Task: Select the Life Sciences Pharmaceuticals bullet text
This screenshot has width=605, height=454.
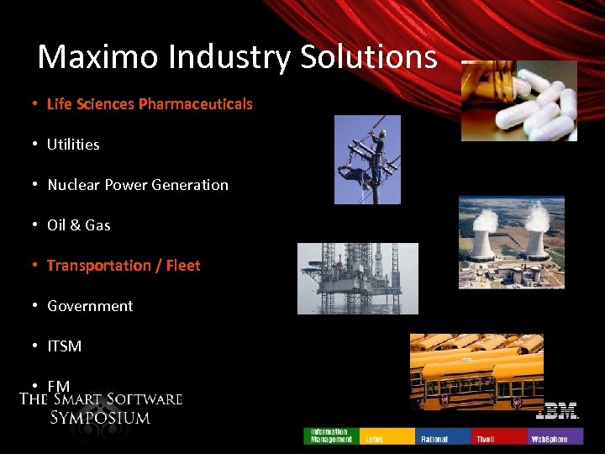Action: pos(150,104)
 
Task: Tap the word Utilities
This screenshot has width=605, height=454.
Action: pos(73,145)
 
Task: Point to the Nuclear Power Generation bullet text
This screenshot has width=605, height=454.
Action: pos(138,185)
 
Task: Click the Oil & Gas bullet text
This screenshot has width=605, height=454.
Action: pos(79,225)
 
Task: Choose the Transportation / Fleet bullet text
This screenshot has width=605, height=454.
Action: pos(124,266)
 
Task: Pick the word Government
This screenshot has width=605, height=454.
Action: pos(90,306)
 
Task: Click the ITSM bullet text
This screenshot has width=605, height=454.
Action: pos(65,346)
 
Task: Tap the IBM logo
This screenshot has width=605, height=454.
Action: pos(557,412)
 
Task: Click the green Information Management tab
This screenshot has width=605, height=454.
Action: pos(330,436)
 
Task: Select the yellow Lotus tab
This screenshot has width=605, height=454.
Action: pos(387,436)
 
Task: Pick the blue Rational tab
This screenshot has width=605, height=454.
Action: pos(443,436)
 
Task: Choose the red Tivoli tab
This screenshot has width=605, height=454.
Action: pos(499,436)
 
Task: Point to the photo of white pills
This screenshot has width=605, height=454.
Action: pos(518,100)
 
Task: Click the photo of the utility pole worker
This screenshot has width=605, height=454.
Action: pos(367,160)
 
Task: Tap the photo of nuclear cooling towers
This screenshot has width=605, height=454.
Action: pos(512,243)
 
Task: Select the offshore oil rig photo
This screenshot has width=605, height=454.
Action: pos(357,278)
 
